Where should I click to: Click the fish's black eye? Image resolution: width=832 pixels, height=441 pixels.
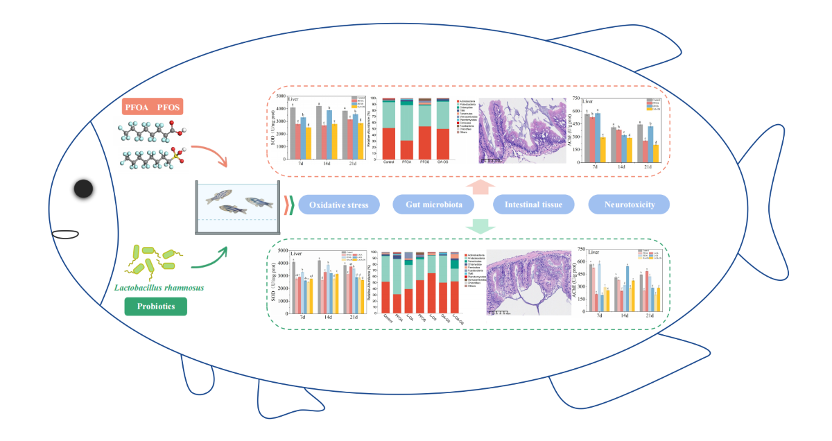tap(84, 189)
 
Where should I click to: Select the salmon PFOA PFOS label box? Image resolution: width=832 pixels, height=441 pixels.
tap(153, 107)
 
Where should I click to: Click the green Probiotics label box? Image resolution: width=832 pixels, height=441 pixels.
tap(156, 306)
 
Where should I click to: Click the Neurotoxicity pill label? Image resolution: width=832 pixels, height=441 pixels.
tap(630, 205)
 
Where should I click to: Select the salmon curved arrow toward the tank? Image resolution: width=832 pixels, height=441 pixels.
tap(210, 155)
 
